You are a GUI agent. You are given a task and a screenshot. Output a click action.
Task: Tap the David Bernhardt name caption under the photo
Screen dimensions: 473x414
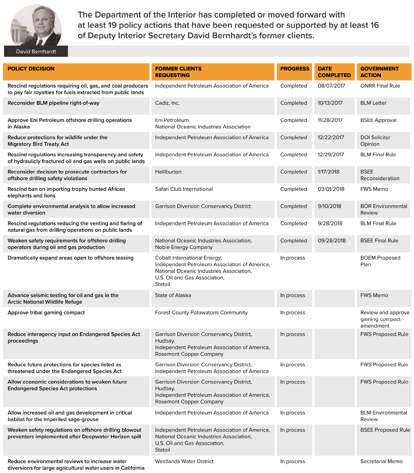tap(36, 51)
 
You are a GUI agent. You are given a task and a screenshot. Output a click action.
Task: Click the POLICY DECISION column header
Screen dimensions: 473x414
tap(31, 69)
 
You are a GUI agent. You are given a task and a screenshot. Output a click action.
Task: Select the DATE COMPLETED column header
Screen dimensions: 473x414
tap(334, 72)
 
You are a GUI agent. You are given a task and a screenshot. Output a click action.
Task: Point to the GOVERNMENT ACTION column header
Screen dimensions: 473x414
tap(379, 72)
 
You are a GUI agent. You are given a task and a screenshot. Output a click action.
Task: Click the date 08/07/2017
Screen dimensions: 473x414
tap(331, 86)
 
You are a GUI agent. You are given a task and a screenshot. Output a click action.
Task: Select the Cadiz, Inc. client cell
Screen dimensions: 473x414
tap(168, 103)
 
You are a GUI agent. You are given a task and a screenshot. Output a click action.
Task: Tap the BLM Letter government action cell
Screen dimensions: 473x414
tap(373, 103)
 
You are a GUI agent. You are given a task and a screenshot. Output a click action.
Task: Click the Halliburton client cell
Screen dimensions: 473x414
tap(168, 172)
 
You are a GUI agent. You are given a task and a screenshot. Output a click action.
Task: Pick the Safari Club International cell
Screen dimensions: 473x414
tap(184, 189)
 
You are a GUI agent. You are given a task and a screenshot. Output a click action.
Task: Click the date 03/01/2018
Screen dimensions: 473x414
tap(331, 189)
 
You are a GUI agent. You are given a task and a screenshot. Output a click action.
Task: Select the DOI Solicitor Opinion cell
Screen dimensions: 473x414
tap(375, 141)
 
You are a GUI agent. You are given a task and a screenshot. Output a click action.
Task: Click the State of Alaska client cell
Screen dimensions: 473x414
tap(173, 296)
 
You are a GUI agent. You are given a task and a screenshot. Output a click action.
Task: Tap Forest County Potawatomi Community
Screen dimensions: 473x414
tap(201, 313)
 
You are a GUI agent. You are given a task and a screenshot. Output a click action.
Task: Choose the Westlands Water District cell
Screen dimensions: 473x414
tap(184, 461)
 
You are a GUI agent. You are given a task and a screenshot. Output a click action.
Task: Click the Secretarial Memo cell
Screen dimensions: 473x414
tap(381, 461)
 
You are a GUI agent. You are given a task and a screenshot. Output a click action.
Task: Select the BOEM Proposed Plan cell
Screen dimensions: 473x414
tap(380, 261)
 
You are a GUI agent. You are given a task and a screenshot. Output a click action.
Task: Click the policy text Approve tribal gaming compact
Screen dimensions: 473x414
tap(46, 313)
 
